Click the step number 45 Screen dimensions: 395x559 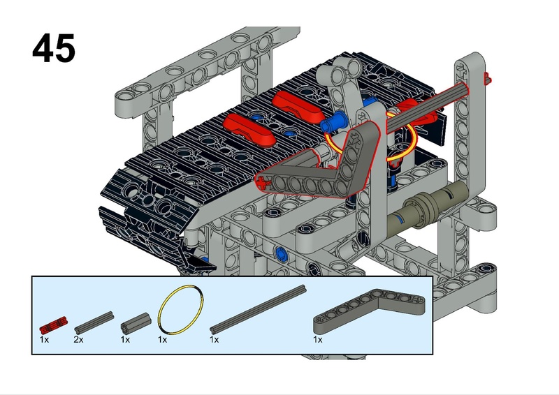[54, 49]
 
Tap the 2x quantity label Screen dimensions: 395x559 [78, 339]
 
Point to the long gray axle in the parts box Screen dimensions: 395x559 [258, 308]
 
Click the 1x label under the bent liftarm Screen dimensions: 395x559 [317, 339]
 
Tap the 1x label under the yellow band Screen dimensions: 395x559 [163, 339]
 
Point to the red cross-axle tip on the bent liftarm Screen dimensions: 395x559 [261, 183]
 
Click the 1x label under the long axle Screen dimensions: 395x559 [215, 339]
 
